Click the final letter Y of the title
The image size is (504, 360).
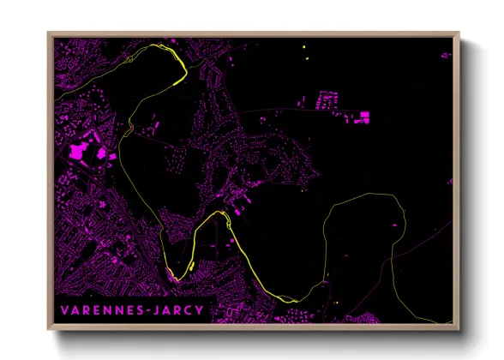tap(201, 308)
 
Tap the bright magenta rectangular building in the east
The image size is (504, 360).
tap(363, 114)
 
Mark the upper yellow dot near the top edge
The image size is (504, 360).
tap(305, 43)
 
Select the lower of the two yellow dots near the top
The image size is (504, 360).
tap(305, 58)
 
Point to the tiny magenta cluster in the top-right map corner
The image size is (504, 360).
tap(446, 55)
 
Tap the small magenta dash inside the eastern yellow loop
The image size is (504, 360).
tap(396, 225)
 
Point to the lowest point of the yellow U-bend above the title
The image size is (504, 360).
tap(176, 276)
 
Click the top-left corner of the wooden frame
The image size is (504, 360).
tap(48, 33)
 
